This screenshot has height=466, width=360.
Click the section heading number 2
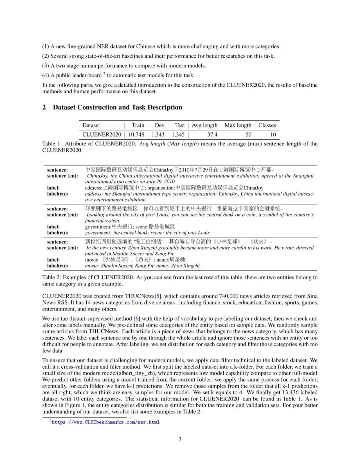44,107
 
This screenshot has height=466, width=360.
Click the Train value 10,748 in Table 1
136,134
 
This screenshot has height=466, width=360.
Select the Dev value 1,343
158,134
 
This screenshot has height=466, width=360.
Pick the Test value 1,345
178,134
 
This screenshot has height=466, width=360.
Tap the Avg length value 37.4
212,134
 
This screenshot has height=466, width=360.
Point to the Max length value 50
248,134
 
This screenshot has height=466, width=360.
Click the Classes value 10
273,134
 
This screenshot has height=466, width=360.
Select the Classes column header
267,125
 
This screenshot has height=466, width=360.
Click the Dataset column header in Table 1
91,125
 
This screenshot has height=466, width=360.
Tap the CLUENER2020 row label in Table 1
102,134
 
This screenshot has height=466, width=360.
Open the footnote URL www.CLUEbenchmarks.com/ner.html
106,422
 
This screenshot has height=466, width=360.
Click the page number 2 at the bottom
180,439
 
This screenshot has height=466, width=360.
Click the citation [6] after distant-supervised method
137,319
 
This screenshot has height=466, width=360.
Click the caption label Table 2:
52,278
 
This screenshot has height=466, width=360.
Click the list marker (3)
46,66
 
